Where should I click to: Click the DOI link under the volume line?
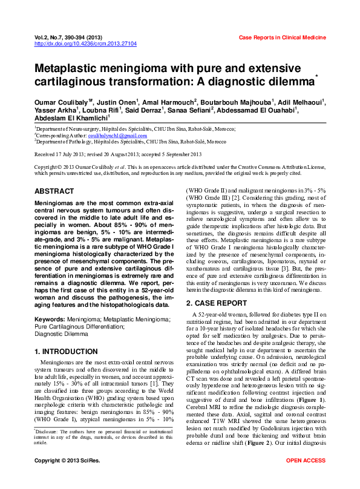click(x=86, y=44)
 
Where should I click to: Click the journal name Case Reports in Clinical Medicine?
click(x=283, y=38)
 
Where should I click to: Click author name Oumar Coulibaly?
click(x=61, y=102)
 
